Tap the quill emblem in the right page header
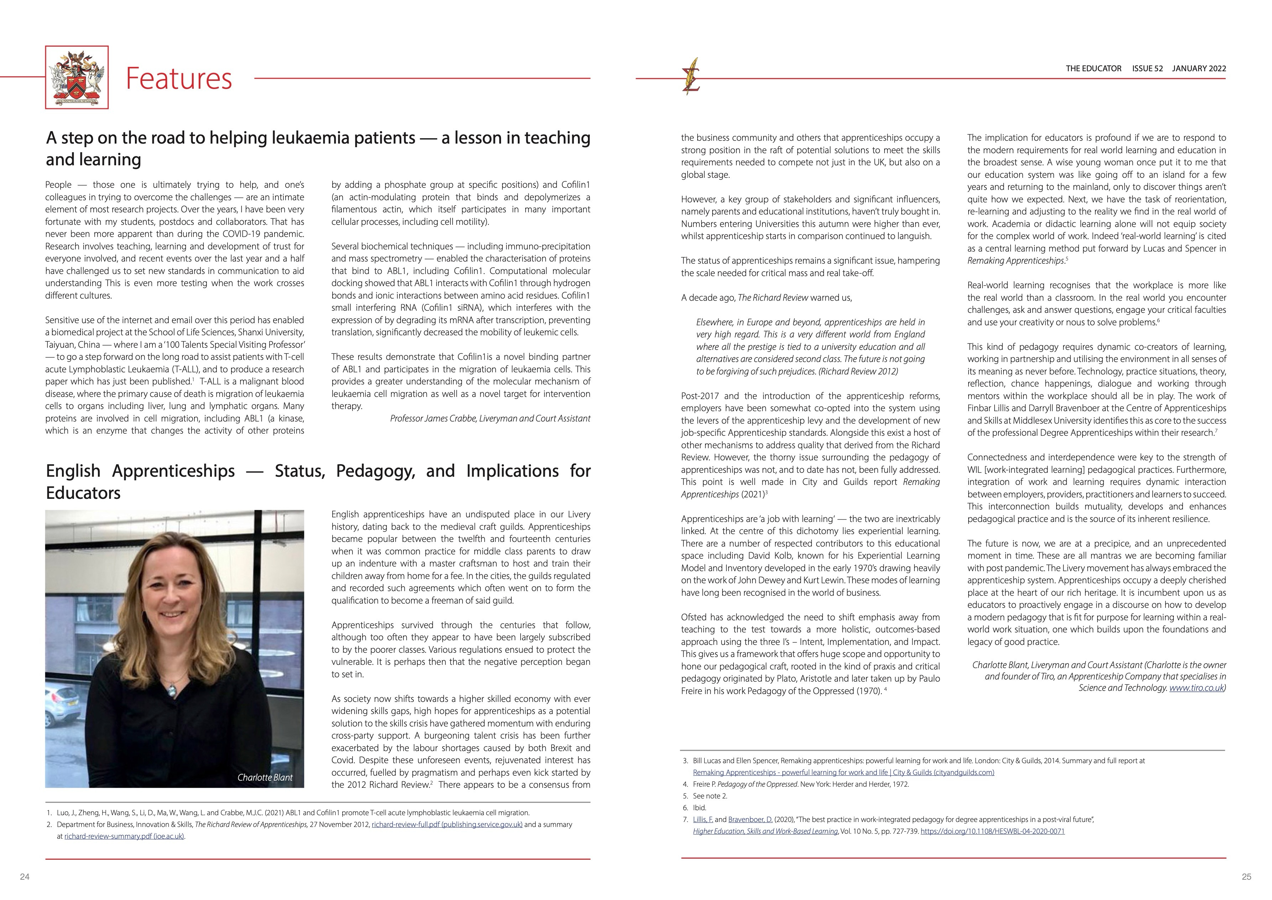691,77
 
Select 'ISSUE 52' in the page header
1147,69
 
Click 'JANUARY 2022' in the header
1199,69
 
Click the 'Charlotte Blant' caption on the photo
265,777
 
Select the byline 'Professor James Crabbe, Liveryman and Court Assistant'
490,418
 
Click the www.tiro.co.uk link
1196,688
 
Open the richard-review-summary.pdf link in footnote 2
124,836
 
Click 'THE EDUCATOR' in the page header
1093,69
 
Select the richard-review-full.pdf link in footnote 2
447,824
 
